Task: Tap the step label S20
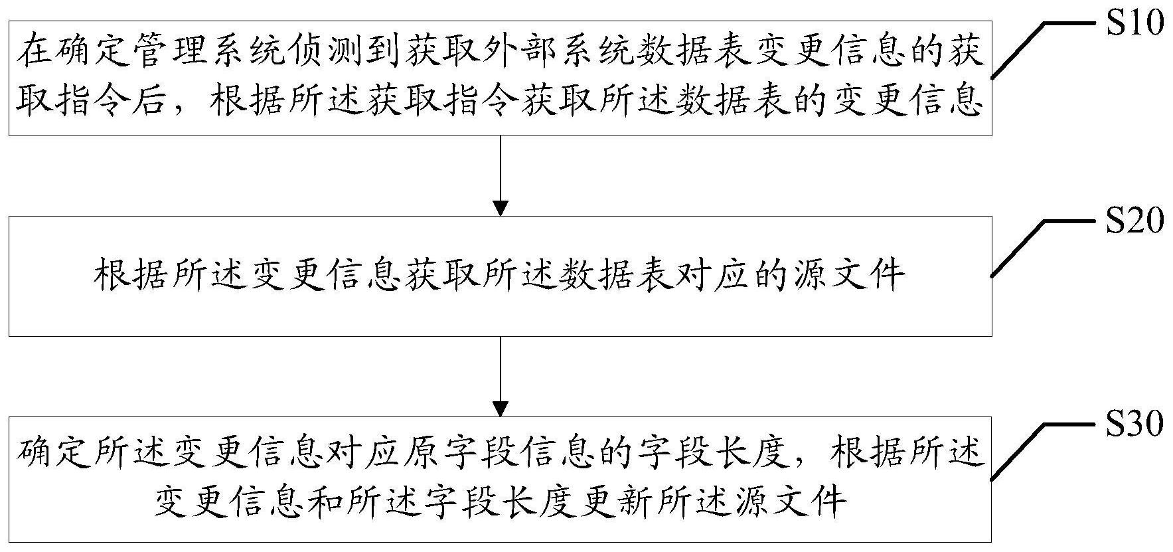coord(1134,221)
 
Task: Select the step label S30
coord(1134,423)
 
